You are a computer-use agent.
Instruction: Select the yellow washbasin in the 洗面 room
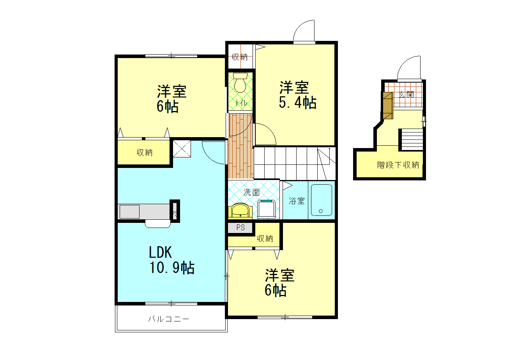[x=241, y=211]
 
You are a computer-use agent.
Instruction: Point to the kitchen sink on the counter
[x=129, y=212]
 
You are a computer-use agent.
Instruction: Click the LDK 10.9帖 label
[x=171, y=260]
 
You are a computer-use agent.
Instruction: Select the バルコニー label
[x=168, y=319]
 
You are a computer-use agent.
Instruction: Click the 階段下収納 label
[x=398, y=165]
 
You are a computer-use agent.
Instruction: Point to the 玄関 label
[x=406, y=95]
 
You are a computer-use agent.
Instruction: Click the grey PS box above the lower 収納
[x=240, y=228]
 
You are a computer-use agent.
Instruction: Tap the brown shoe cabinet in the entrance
[x=388, y=106]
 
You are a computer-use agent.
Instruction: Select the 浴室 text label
[x=297, y=201]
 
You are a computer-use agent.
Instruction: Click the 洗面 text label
[x=251, y=192]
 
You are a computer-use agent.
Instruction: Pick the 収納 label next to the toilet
[x=240, y=57]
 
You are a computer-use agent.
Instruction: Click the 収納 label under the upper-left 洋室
[x=144, y=152]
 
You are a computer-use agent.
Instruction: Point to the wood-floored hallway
[x=240, y=145]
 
